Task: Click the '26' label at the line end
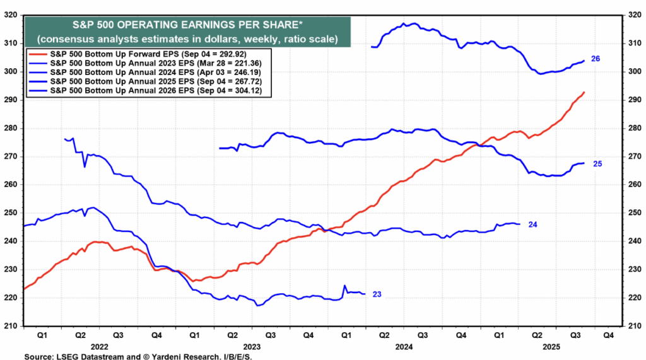pos(596,59)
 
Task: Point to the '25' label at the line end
pos(598,164)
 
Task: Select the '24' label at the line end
pos(532,224)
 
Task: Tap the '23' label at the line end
pos(377,294)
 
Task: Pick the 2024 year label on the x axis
pos(404,346)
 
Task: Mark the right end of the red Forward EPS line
pos(584,93)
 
